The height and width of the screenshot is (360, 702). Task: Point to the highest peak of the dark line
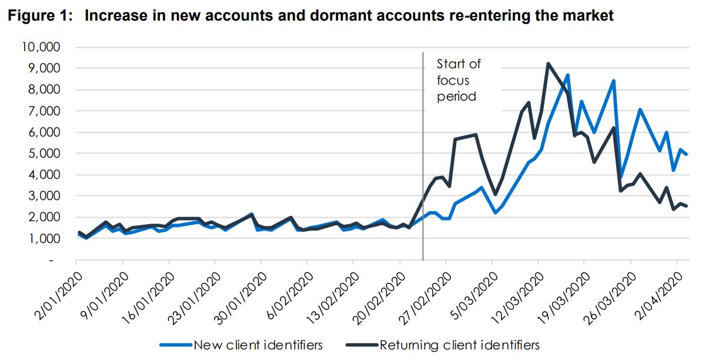pos(548,64)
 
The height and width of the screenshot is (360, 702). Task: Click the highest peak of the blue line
pos(567,75)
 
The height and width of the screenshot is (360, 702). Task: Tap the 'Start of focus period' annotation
pos(458,80)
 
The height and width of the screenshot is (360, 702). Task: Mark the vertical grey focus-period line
pos(423,176)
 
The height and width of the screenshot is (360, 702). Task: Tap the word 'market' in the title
pos(588,16)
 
